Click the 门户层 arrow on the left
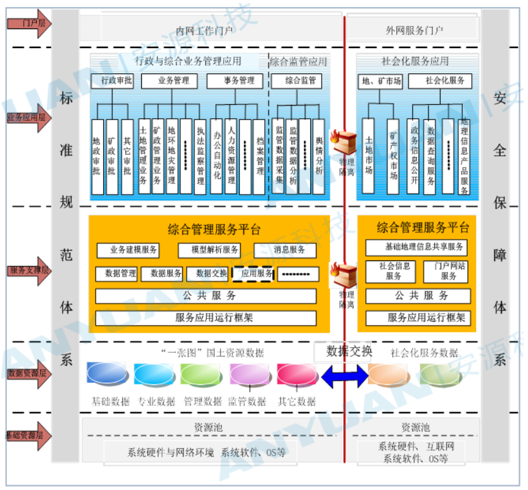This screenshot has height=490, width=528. point(28,23)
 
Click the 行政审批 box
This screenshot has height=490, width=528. point(112,81)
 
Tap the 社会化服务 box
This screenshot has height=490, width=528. point(444,81)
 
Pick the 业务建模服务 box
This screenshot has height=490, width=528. point(127,250)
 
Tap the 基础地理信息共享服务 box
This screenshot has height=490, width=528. point(418,247)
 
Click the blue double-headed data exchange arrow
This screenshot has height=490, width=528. point(344,377)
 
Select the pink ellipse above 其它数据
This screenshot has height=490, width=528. point(296,374)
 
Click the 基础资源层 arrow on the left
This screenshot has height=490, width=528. point(28,435)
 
